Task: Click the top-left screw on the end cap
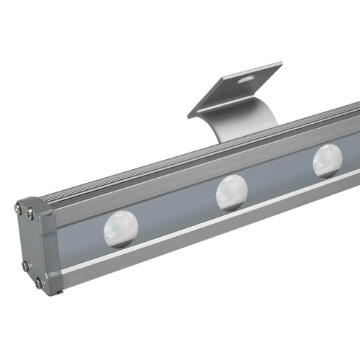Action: (x=18, y=209)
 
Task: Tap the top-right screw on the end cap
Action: (x=30, y=212)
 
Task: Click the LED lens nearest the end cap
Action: (x=117, y=229)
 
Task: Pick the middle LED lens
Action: (x=232, y=191)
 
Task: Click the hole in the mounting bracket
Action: (x=248, y=76)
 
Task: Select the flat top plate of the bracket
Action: (x=230, y=90)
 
